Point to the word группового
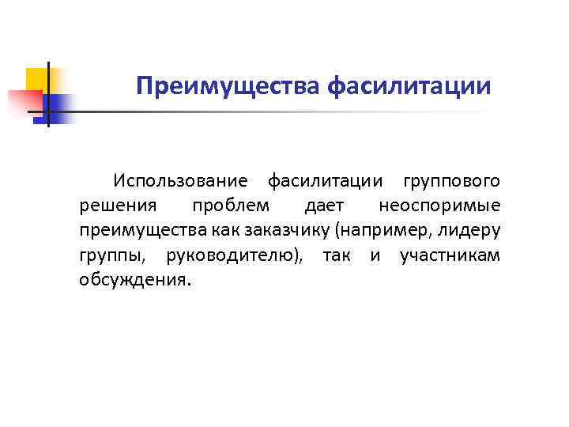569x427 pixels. click(x=451, y=182)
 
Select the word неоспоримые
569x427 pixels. click(x=439, y=206)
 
